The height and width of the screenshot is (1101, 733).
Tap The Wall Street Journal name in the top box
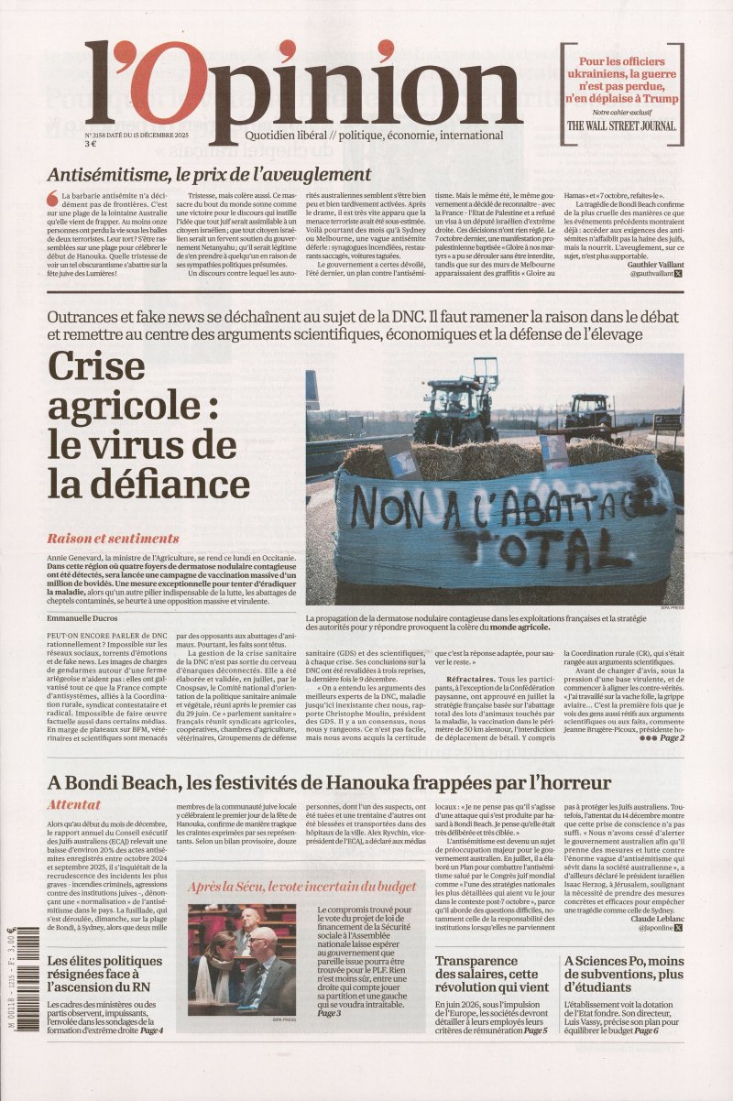coord(621,125)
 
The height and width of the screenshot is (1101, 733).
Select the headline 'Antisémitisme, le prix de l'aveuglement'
coord(209,174)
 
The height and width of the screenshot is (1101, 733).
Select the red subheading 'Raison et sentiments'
coord(113,539)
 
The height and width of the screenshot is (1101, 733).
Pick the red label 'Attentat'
coord(75,804)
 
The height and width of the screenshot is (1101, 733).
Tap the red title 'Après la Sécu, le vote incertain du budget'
coord(302,887)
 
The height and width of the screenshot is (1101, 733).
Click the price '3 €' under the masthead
coord(92,144)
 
